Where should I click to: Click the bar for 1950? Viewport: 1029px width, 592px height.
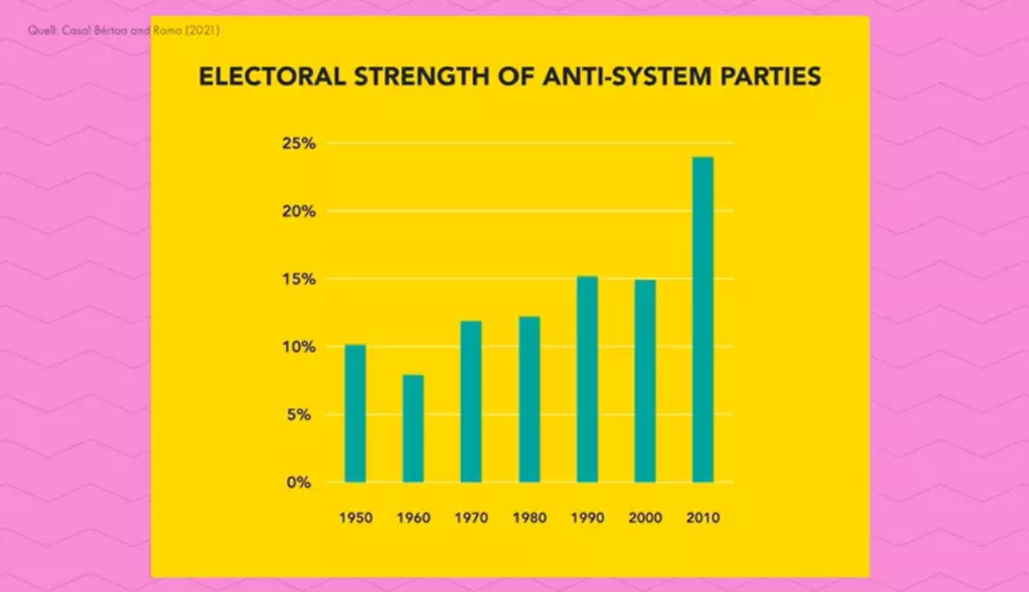point(355,413)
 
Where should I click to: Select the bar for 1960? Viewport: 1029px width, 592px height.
point(413,428)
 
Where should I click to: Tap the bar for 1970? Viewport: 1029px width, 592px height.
point(471,401)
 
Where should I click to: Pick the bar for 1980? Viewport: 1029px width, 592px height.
point(529,399)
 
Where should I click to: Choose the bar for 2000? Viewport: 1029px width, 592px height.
point(645,380)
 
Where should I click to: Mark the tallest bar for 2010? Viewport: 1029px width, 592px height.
point(703,320)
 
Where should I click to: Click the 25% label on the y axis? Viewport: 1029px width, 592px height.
point(298,144)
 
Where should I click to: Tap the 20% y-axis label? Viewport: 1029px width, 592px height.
point(298,212)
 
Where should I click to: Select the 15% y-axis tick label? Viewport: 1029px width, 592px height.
point(298,279)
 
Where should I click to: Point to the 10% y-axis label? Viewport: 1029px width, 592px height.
point(298,347)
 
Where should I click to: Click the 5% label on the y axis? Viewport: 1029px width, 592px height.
point(302,415)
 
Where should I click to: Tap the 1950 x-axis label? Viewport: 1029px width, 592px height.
point(356,518)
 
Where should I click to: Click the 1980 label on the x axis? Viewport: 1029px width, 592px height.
point(530,518)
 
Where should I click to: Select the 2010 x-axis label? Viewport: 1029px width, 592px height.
point(703,518)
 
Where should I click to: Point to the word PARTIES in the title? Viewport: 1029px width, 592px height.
point(767,77)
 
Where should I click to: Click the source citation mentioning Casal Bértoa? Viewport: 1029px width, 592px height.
point(124,31)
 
